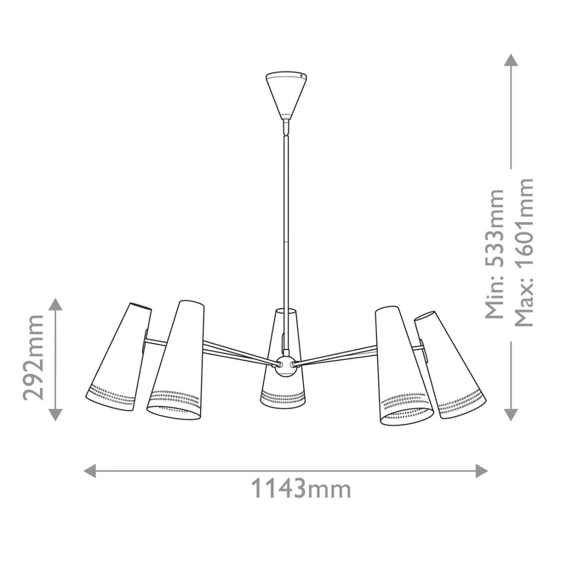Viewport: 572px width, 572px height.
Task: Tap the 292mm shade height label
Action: click(34, 357)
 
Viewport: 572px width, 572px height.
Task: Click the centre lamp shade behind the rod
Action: click(283, 358)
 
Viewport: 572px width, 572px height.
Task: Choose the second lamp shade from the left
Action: click(176, 360)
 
